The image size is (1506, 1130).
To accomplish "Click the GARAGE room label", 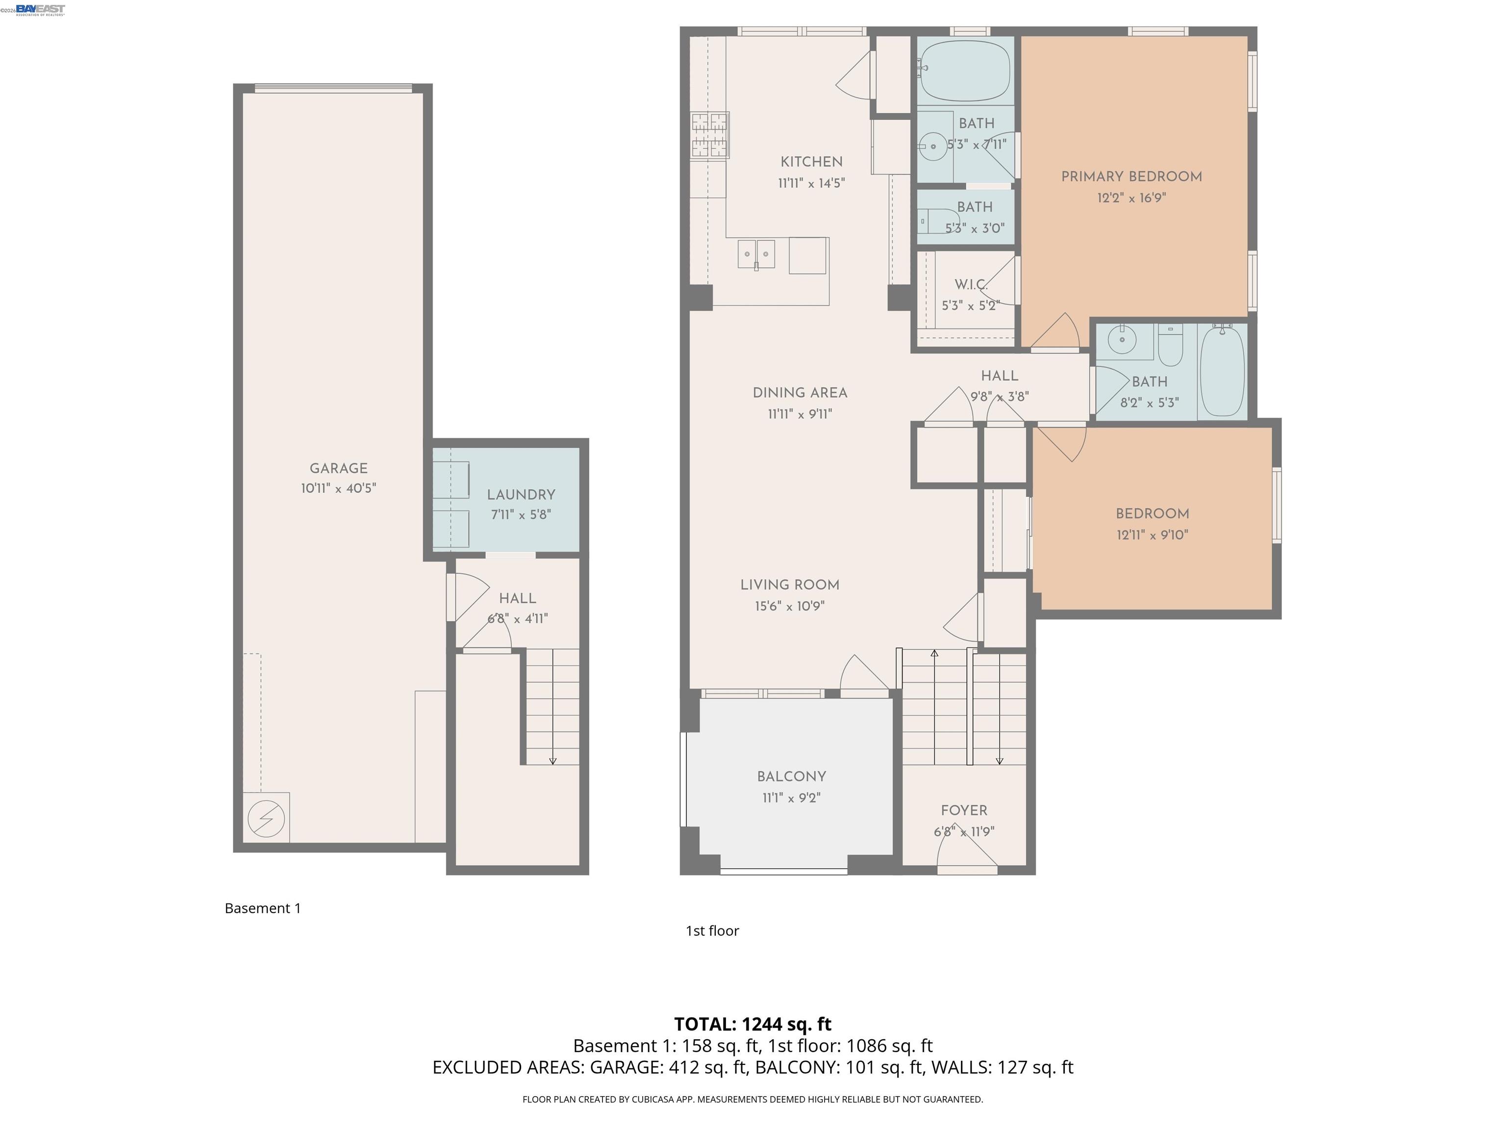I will tap(338, 468).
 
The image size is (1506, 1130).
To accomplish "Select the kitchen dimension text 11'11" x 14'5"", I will tap(811, 183).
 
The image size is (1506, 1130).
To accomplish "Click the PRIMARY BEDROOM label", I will tap(1131, 177).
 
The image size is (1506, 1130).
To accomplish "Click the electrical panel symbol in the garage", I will tap(266, 818).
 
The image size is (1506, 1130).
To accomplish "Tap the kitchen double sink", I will tap(756, 255).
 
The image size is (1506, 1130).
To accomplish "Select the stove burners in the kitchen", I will tap(709, 135).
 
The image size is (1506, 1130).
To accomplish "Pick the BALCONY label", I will tap(791, 776).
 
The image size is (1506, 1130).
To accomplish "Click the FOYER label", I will tap(963, 811).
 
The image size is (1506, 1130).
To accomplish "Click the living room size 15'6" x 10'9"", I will tap(789, 606).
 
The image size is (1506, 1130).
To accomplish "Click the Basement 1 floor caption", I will tap(263, 908).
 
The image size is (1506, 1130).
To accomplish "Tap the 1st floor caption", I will tap(711, 930).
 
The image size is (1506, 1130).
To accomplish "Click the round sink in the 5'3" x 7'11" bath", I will tap(931, 146).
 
